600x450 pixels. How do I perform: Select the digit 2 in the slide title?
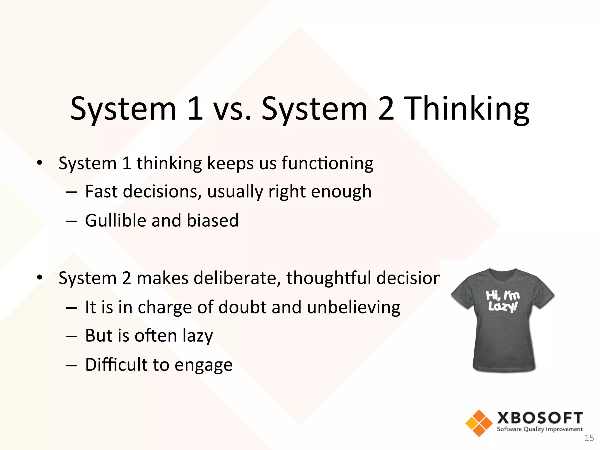[x=386, y=109]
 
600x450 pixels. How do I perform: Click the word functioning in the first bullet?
[x=327, y=163]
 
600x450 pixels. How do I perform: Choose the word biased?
[x=212, y=220]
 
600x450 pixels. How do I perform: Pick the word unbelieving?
[x=354, y=307]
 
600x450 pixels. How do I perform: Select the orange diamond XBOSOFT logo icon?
[x=479, y=423]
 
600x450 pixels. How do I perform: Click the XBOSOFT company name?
[x=540, y=418]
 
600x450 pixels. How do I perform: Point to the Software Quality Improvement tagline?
[x=540, y=429]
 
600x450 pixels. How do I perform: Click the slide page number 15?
[x=589, y=438]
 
